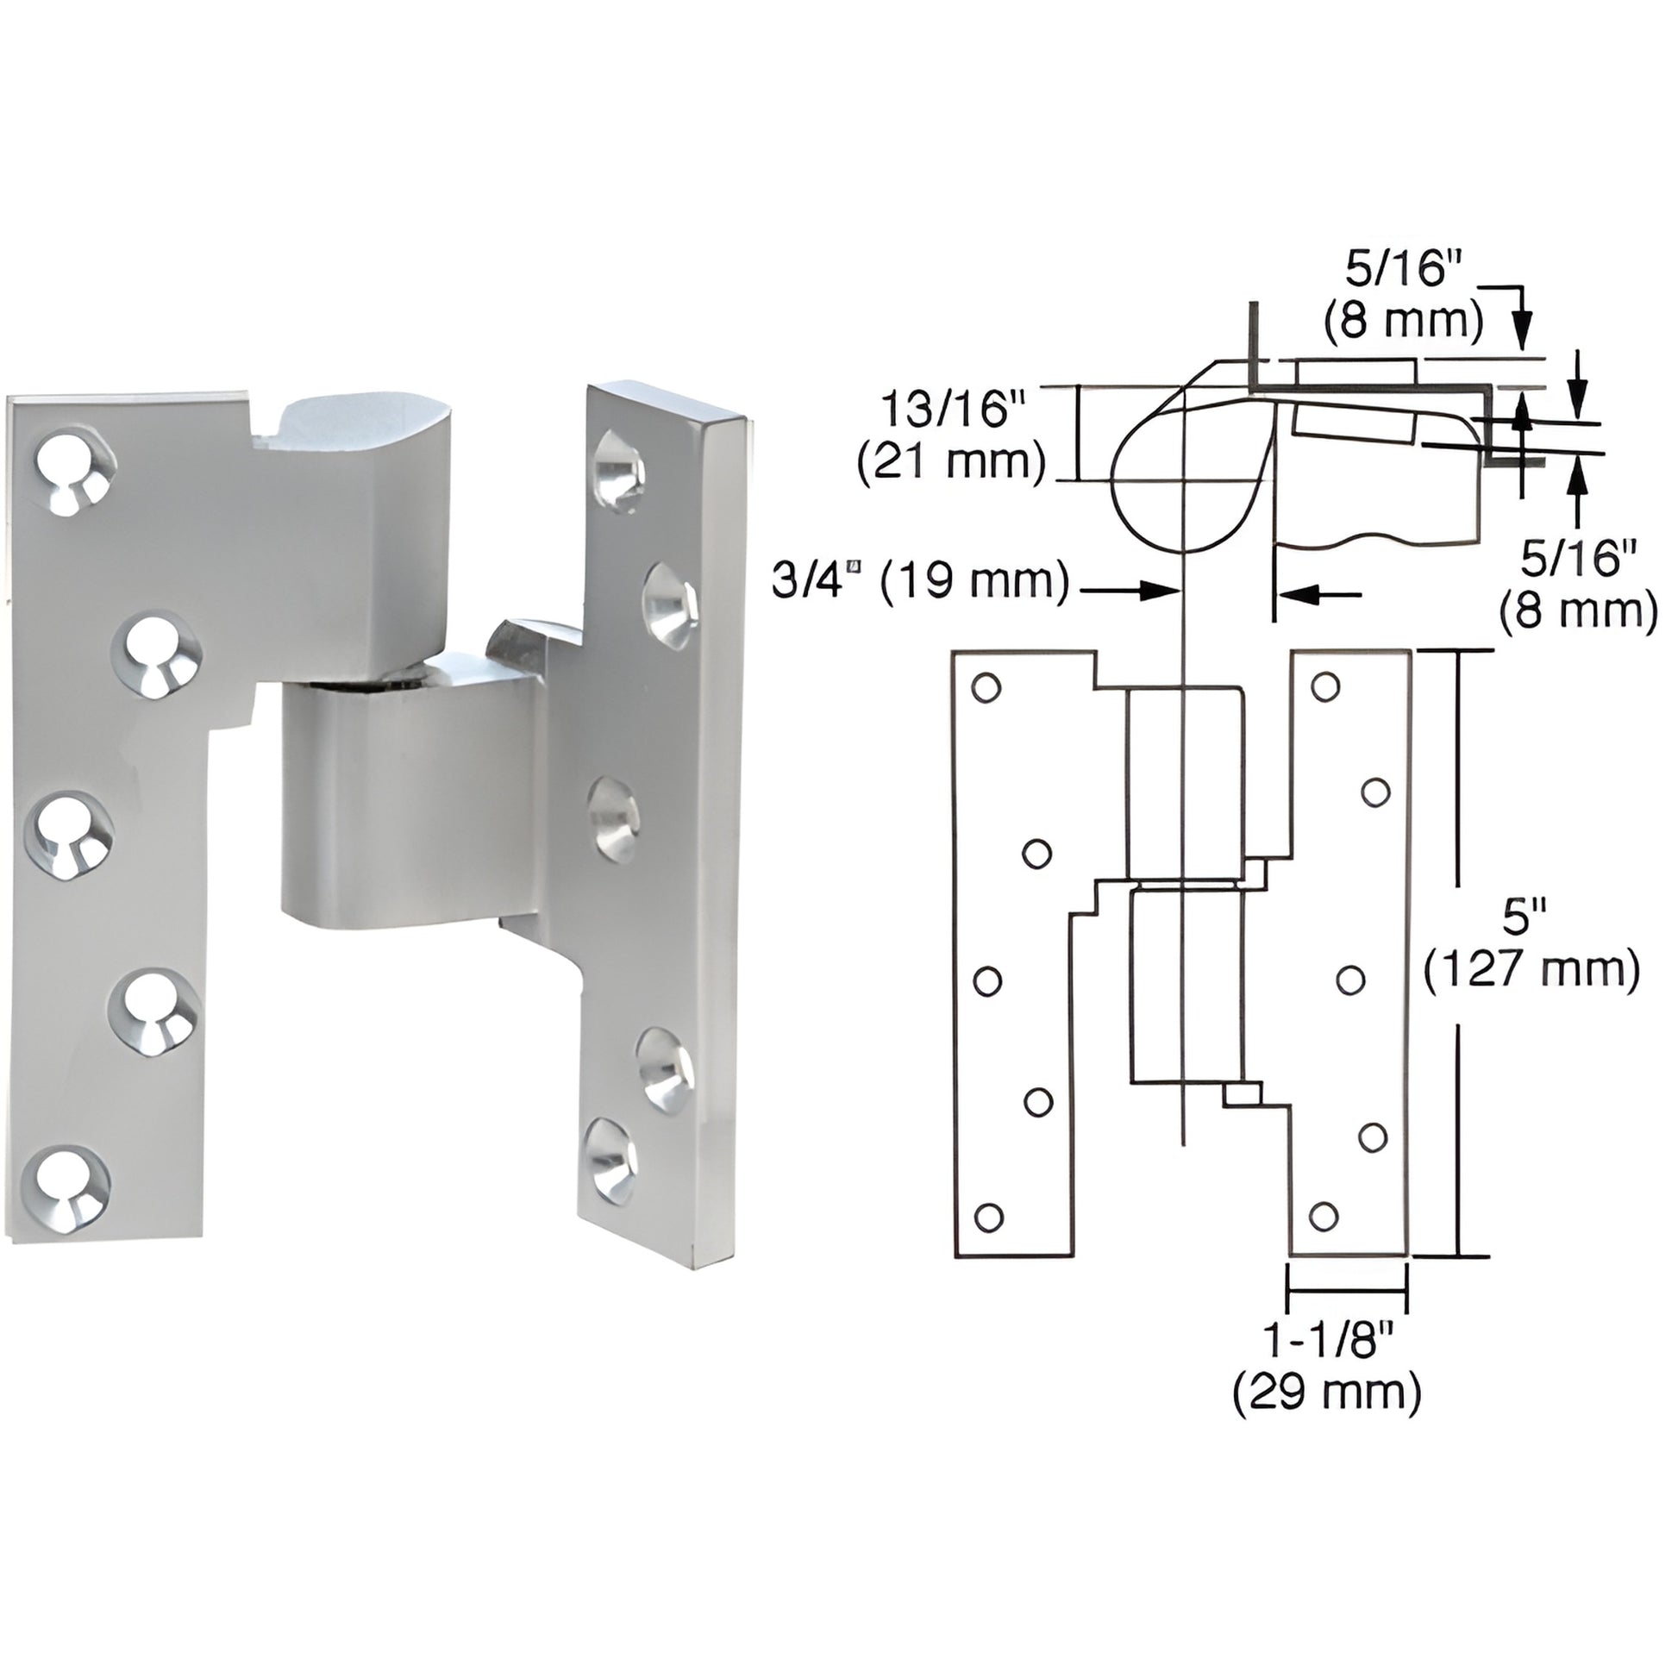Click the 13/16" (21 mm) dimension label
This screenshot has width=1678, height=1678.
(951, 435)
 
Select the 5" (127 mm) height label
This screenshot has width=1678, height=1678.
(1531, 944)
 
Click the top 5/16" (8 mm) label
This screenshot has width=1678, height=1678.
(1404, 296)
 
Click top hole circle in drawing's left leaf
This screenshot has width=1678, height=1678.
(986, 688)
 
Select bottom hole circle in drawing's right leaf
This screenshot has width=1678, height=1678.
(1323, 1217)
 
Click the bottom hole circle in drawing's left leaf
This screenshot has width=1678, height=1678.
(987, 1218)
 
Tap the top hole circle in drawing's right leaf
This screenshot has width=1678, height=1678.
(1324, 687)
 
